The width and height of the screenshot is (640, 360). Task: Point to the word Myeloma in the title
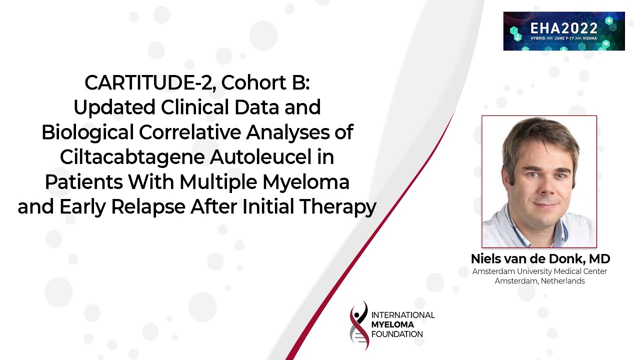(306, 182)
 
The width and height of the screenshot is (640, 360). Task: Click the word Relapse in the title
(148, 207)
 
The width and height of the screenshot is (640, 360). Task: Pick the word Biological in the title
(88, 132)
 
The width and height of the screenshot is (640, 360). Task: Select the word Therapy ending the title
(337, 207)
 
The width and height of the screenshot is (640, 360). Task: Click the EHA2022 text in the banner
(563, 28)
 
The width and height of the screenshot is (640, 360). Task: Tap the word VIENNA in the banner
(589, 38)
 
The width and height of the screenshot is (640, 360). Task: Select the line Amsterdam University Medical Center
(539, 271)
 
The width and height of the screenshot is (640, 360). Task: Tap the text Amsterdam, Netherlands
(539, 281)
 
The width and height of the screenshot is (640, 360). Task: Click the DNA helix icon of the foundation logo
(359, 325)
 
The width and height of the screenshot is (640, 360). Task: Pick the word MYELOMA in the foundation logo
(392, 324)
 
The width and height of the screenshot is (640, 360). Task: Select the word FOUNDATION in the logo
(397, 334)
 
